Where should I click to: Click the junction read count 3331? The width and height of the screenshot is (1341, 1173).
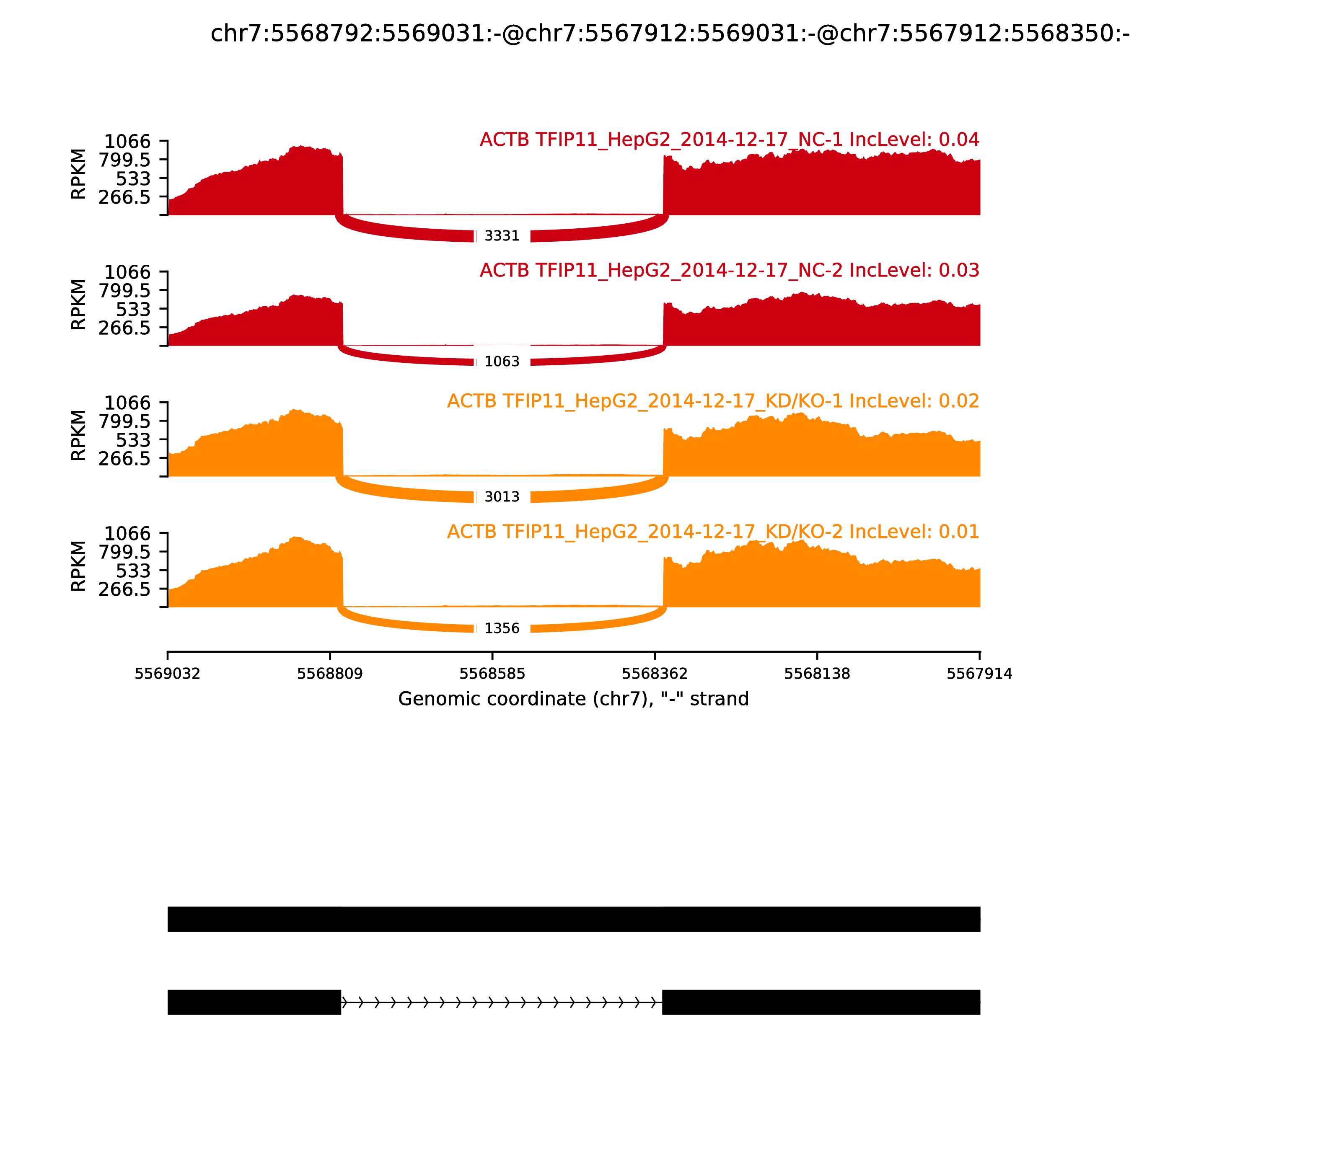[x=502, y=235]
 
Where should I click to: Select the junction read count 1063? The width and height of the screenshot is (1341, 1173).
[x=502, y=361]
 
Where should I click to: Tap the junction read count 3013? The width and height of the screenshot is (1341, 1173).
[x=502, y=497]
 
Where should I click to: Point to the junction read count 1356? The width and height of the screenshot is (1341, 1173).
[x=502, y=628]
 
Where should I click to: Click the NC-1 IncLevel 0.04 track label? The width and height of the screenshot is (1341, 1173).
[x=730, y=140]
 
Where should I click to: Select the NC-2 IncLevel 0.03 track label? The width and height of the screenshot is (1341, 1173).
[x=730, y=270]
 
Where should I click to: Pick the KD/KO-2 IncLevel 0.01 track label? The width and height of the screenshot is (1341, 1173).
[x=713, y=532]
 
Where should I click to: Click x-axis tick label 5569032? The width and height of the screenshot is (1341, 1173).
[x=168, y=674]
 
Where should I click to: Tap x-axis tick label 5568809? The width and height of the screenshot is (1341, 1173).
[x=330, y=674]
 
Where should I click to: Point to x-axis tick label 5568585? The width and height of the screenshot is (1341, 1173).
[x=492, y=674]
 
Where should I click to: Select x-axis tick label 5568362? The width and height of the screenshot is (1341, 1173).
[x=655, y=674]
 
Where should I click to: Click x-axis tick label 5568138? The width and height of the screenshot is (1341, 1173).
[x=817, y=674]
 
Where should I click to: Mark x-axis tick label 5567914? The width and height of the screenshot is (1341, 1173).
[x=980, y=674]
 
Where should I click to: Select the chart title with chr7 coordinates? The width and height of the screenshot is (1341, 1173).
[x=670, y=34]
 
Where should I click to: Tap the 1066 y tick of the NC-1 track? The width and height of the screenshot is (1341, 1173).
[x=128, y=142]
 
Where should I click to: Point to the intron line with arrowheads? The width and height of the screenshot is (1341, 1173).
[x=502, y=1002]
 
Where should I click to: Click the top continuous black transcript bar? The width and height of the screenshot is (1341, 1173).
[x=574, y=919]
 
